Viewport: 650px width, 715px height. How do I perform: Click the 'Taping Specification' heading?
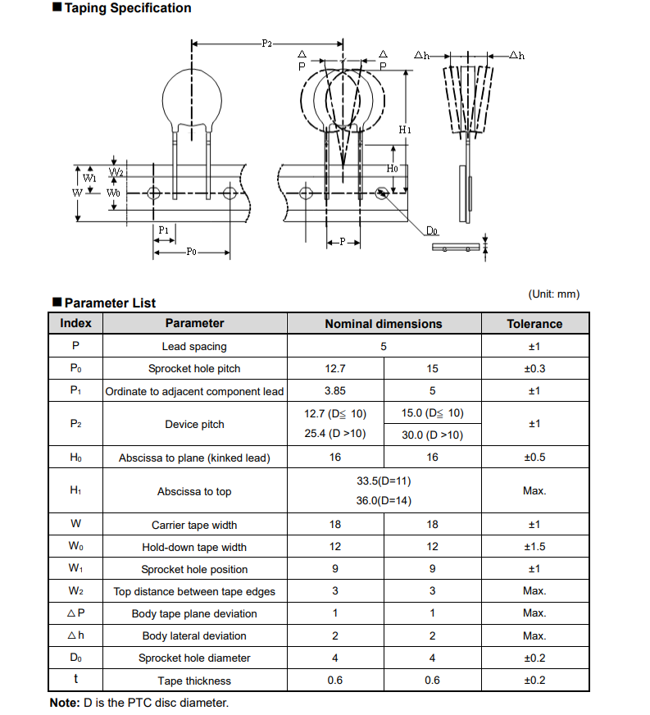[x=127, y=8]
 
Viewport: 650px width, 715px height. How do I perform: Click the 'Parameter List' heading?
[x=110, y=303]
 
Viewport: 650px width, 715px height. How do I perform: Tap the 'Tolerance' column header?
[x=534, y=324]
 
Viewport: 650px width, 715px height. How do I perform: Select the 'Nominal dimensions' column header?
[x=383, y=324]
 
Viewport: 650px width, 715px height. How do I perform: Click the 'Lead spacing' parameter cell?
[x=194, y=347]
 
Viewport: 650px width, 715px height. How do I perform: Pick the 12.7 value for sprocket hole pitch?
[x=335, y=369]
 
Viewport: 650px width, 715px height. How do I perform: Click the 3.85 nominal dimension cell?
[x=335, y=391]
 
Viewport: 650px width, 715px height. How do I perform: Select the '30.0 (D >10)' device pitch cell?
[x=432, y=435]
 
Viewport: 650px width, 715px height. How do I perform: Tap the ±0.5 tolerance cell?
[x=534, y=458]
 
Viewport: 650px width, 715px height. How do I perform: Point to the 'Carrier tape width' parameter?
[x=194, y=525]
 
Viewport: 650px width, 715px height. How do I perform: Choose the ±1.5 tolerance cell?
[x=534, y=547]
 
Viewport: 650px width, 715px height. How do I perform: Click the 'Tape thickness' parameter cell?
[x=194, y=681]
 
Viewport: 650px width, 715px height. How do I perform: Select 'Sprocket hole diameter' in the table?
[x=194, y=658]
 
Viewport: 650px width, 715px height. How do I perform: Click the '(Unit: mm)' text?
[x=553, y=294]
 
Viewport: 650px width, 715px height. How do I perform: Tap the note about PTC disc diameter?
[x=139, y=703]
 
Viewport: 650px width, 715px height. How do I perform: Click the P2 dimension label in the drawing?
[x=267, y=43]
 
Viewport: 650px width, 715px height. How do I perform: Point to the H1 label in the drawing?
[x=406, y=130]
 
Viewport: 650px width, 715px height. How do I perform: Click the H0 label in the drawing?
[x=393, y=169]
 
